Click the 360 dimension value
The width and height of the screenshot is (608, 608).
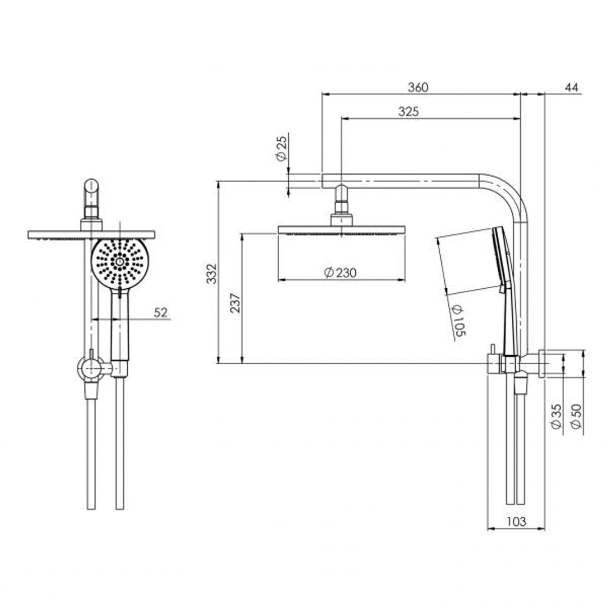(418, 87)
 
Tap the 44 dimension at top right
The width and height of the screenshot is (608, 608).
(571, 87)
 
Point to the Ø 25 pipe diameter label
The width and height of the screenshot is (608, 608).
(281, 148)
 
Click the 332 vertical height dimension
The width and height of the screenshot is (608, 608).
(212, 273)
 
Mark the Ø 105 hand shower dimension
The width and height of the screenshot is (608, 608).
(457, 322)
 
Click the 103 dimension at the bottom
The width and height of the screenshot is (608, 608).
(516, 522)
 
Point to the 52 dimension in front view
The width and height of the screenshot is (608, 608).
(161, 313)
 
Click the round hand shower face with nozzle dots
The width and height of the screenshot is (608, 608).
(119, 262)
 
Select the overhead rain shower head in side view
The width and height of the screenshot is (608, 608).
(341, 230)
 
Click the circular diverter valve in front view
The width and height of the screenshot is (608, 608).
(89, 369)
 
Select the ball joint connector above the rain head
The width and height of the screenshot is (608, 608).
(342, 203)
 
